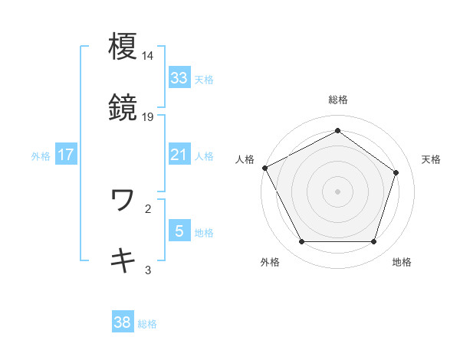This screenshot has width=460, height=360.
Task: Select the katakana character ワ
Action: pyautogui.click(x=123, y=200)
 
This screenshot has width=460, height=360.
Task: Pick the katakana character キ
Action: pyautogui.click(x=123, y=260)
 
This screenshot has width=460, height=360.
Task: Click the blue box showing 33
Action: pyautogui.click(x=179, y=78)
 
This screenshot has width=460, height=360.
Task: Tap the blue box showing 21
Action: pyautogui.click(x=179, y=155)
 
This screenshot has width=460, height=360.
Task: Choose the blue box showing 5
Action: pyautogui.click(x=179, y=231)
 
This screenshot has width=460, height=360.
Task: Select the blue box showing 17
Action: pyautogui.click(x=65, y=155)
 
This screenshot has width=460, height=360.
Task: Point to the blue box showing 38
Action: pyautogui.click(x=122, y=323)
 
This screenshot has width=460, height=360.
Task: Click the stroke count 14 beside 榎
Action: pyautogui.click(x=148, y=56)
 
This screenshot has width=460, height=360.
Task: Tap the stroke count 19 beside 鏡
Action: pyautogui.click(x=148, y=117)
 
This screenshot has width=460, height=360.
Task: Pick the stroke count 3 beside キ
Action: pyautogui.click(x=148, y=270)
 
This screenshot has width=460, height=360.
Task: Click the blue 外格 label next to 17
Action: pyautogui.click(x=41, y=156)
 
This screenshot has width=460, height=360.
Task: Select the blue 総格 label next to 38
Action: pyautogui.click(x=147, y=324)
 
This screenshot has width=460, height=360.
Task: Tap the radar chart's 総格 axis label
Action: pyautogui.click(x=337, y=100)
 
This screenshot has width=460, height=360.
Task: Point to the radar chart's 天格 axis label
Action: pyautogui.click(x=431, y=159)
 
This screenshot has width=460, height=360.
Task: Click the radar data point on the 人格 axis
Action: pyautogui.click(x=264, y=167)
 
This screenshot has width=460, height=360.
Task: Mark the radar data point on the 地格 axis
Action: pyautogui.click(x=373, y=242)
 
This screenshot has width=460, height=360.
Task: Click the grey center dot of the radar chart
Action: pyautogui.click(x=337, y=191)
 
